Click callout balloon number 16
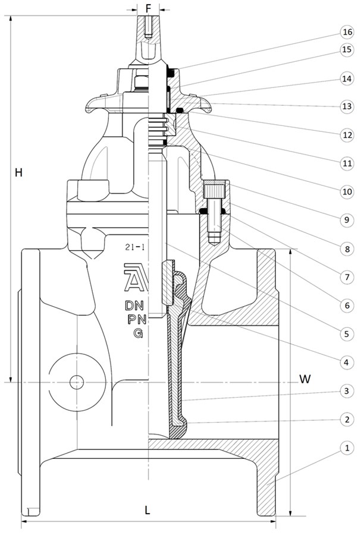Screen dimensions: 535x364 click(x=347, y=31)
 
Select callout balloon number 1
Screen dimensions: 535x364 click(x=347, y=447)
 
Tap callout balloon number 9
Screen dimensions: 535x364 click(x=347, y=220)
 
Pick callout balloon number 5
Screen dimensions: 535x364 click(x=347, y=333)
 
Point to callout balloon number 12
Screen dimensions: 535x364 click(x=347, y=135)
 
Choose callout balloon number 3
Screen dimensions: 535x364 click(x=347, y=391)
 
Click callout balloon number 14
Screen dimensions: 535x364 click(x=347, y=78)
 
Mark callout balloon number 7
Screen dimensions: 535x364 click(x=347, y=277)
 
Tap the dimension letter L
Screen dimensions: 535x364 click(x=148, y=510)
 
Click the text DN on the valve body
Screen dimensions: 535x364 click(x=134, y=306)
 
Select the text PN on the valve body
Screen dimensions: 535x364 click(x=134, y=319)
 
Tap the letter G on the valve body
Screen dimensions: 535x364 click(x=137, y=333)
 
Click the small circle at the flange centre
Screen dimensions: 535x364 click(x=77, y=382)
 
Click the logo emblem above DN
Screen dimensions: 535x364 click(x=134, y=277)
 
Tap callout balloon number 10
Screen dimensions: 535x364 click(x=347, y=191)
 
